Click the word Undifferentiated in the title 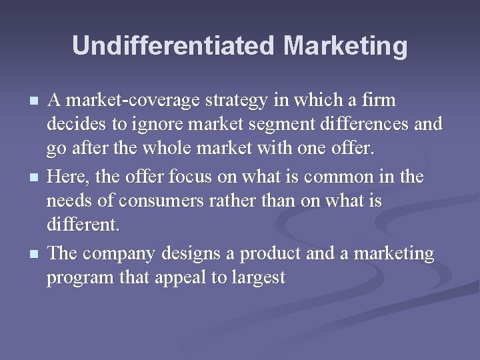point(173,46)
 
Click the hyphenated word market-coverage point(125,101)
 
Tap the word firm point(377,101)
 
